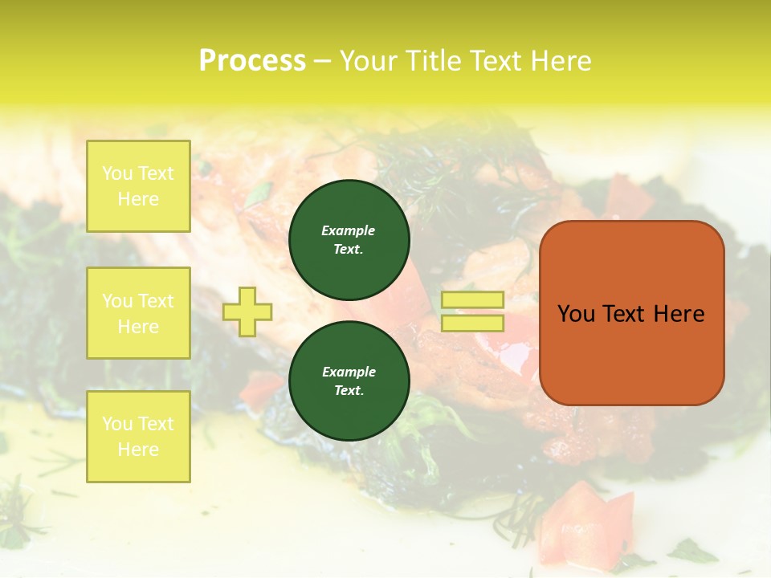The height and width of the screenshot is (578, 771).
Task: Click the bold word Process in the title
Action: [x=252, y=61]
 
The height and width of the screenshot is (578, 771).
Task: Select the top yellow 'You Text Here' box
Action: [x=138, y=186]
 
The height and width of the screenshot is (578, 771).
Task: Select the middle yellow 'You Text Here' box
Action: [x=138, y=313]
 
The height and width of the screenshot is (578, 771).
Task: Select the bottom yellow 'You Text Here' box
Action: [x=138, y=436]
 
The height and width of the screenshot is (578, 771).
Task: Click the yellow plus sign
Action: [x=247, y=311]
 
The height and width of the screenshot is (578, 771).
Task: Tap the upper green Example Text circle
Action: [x=349, y=240]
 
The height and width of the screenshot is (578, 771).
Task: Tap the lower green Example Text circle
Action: [x=349, y=381]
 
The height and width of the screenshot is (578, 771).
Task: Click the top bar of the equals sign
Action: [x=472, y=300]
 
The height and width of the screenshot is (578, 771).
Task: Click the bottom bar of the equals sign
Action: [x=472, y=323]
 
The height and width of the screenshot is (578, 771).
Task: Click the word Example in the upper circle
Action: [x=349, y=230]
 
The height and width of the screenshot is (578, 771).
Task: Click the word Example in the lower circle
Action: [x=349, y=372]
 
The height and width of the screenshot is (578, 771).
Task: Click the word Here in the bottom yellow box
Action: [x=138, y=450]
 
